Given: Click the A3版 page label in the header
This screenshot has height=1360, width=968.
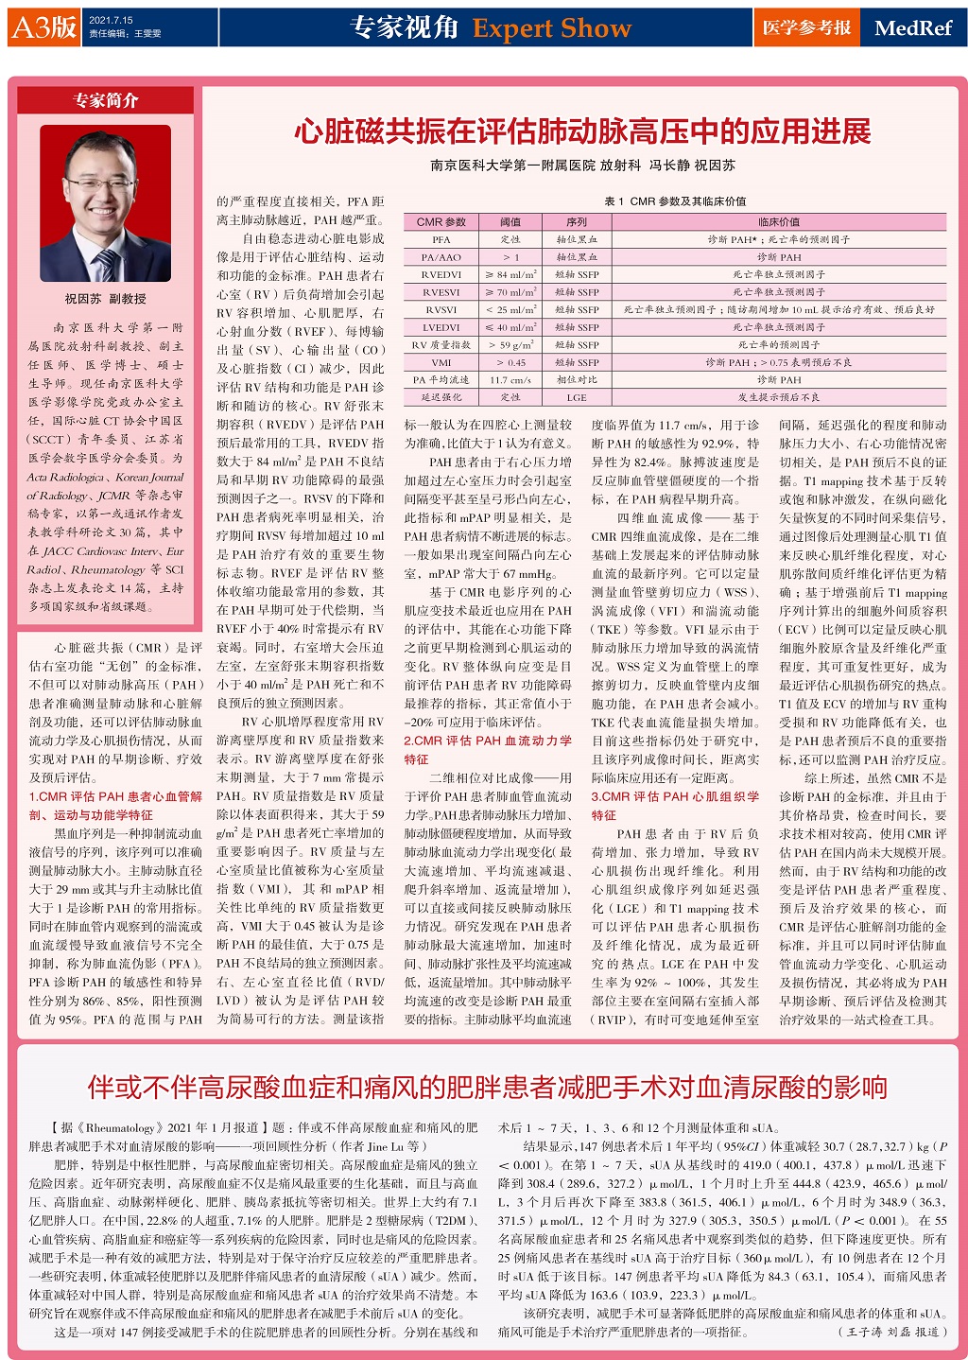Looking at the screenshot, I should pyautogui.click(x=43, y=26).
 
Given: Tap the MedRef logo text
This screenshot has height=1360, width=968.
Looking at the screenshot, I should pyautogui.click(x=912, y=27).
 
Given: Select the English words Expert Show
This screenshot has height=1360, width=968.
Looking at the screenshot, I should pyautogui.click(x=551, y=28).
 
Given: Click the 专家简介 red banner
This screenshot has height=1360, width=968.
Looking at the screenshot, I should pyautogui.click(x=105, y=100).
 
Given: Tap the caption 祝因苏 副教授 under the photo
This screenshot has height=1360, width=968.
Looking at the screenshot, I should pyautogui.click(x=105, y=299).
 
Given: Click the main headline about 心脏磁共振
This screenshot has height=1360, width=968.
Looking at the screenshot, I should pyautogui.click(x=581, y=131).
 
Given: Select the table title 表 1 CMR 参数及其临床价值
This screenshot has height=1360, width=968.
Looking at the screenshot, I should pyautogui.click(x=675, y=201).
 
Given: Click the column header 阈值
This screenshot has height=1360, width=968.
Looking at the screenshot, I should pyautogui.click(x=510, y=222).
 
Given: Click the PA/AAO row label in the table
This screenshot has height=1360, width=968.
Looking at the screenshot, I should pyautogui.click(x=441, y=257).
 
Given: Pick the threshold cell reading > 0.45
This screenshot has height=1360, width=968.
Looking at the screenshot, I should pyautogui.click(x=510, y=362).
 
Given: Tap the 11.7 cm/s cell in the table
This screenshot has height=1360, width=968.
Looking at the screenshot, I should pyautogui.click(x=510, y=380).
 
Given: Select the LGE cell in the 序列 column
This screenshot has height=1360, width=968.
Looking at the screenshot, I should pyautogui.click(x=576, y=398).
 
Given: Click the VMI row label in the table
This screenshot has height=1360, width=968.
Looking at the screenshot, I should pyautogui.click(x=441, y=362).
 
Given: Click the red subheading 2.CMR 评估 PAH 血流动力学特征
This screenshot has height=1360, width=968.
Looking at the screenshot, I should pyautogui.click(x=487, y=749).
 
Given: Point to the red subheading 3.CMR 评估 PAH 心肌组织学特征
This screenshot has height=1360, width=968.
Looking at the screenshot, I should pyautogui.click(x=675, y=805).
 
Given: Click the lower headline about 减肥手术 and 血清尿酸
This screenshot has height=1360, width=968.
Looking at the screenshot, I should pyautogui.click(x=487, y=1087).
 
